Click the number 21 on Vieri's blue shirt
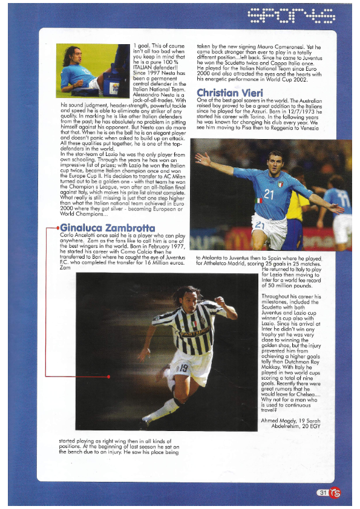coord(269,193)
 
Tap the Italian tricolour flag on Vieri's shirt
coord(260,200)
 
